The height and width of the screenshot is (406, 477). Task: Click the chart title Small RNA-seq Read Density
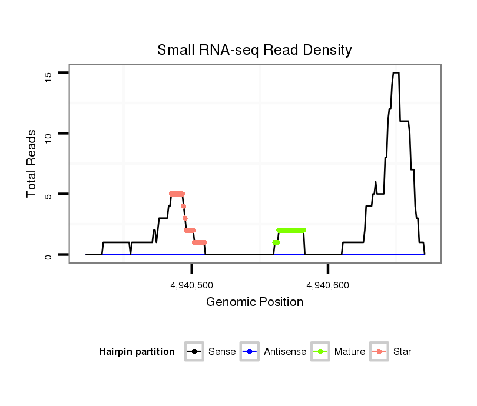(x=254, y=50)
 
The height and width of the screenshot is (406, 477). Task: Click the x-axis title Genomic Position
(x=254, y=302)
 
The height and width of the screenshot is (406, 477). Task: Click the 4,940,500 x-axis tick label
(x=192, y=286)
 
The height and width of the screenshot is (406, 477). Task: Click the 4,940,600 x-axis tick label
(x=328, y=286)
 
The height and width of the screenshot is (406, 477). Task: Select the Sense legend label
(x=221, y=352)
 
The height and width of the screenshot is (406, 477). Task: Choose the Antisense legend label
(x=285, y=352)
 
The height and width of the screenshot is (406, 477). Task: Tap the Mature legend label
(x=349, y=352)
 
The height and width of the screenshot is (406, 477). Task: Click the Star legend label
(x=402, y=352)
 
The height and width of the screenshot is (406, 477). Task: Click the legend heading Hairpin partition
(x=137, y=352)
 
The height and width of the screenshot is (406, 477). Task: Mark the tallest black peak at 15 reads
(x=396, y=73)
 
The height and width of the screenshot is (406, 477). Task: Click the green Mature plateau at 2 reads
(x=291, y=230)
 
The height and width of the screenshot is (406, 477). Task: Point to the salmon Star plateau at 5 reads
(x=177, y=194)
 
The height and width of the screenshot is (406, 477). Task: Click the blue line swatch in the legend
(x=250, y=352)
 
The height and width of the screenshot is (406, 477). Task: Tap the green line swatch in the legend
(x=320, y=352)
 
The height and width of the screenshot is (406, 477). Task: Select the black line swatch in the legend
(x=194, y=352)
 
